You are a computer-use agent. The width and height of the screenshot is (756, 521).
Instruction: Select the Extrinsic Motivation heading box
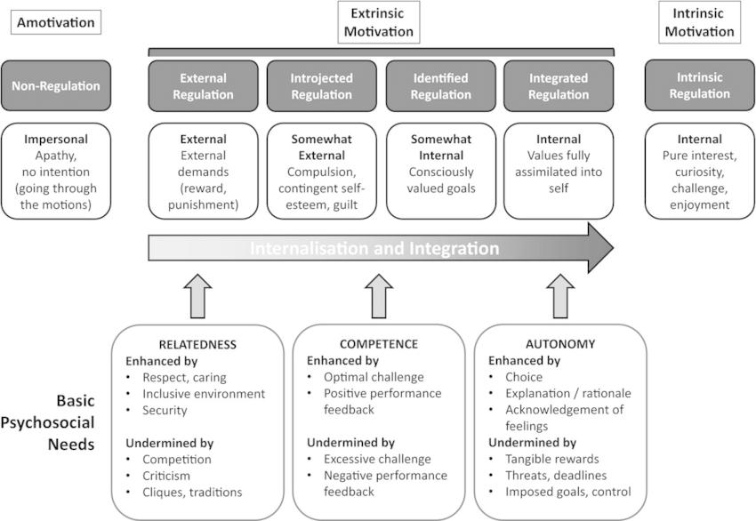[380, 22]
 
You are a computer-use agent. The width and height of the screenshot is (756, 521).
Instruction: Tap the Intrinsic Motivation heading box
[697, 22]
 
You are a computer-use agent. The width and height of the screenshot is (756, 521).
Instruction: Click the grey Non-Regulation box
[55, 85]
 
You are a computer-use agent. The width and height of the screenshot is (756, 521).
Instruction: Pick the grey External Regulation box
[203, 85]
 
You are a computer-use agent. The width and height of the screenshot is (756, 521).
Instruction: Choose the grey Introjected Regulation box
[321, 85]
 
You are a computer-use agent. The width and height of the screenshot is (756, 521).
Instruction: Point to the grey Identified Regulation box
[440, 85]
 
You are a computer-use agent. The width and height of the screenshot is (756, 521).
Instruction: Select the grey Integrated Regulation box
[559, 85]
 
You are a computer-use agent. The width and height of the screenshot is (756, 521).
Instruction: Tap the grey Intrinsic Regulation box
[699, 85]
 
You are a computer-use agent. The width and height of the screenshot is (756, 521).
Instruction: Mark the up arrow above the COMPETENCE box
[381, 295]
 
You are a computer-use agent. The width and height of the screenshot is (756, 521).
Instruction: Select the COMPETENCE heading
[380, 342]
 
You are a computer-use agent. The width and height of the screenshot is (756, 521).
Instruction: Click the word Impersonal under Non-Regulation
[55, 139]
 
